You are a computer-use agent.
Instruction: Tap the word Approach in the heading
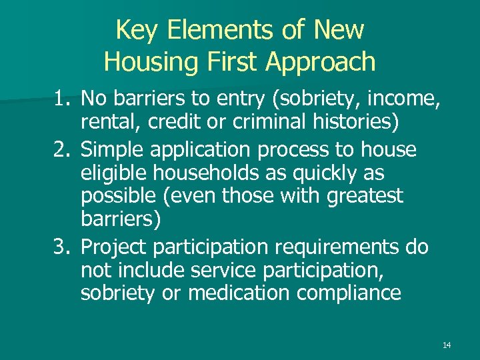(321, 62)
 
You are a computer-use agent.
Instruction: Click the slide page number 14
(447, 345)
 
